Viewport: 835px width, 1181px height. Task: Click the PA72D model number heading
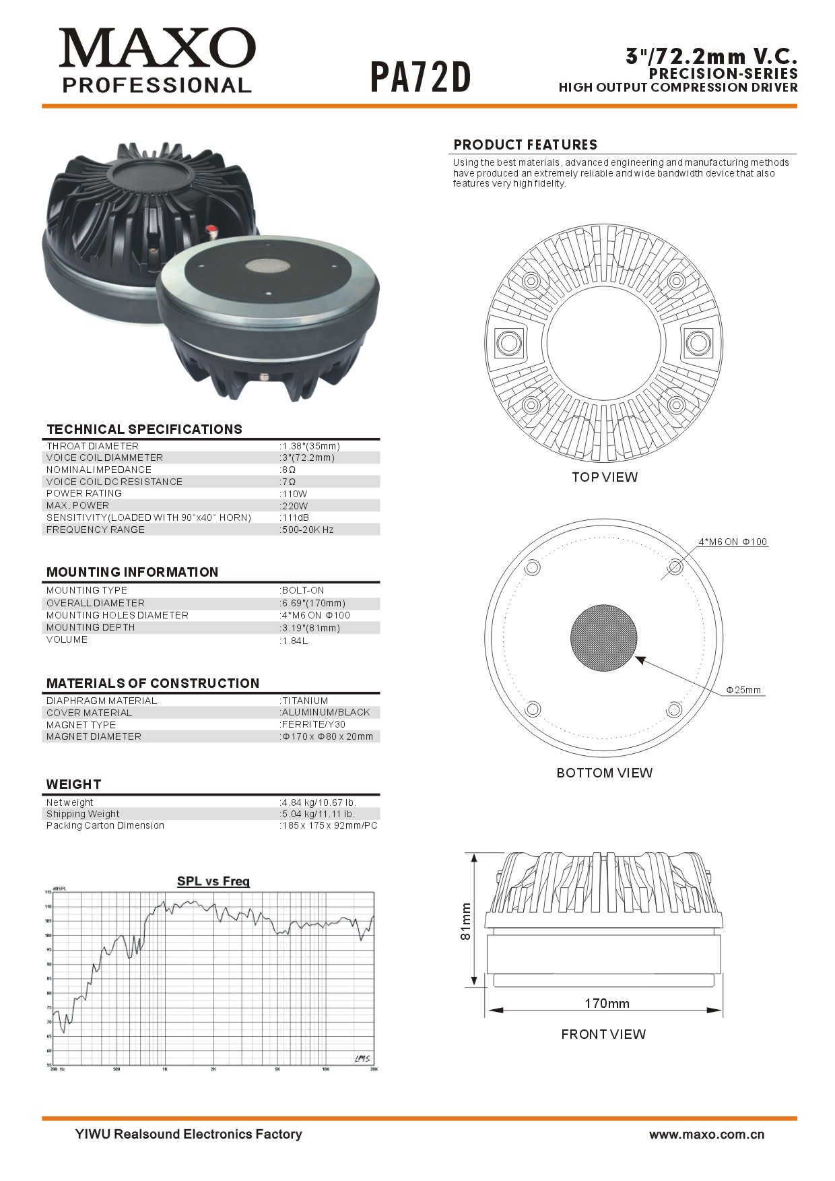click(x=420, y=77)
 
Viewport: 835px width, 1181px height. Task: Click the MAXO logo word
click(x=157, y=48)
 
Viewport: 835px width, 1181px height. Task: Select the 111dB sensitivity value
click(x=296, y=517)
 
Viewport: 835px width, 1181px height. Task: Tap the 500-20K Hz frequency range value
click(x=308, y=530)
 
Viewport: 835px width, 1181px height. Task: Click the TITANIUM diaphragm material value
click(x=305, y=701)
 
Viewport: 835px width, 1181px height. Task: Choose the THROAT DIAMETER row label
click(x=92, y=446)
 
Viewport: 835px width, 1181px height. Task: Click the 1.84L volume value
click(x=295, y=641)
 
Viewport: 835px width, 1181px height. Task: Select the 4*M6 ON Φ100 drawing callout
click(x=733, y=542)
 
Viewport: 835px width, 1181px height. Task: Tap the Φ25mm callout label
click(x=743, y=690)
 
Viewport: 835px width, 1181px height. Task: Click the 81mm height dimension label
click(x=466, y=922)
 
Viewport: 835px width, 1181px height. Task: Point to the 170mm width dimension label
click(x=607, y=1003)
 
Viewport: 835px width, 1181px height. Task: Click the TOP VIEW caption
click(x=604, y=477)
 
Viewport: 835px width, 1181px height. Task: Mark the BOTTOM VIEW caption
click(x=604, y=773)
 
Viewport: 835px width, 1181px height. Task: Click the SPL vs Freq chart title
click(x=213, y=881)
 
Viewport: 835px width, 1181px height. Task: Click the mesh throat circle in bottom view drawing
click(x=603, y=637)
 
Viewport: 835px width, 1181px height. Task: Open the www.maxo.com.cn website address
click(x=706, y=1135)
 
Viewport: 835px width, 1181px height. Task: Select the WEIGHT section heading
click(x=73, y=784)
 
